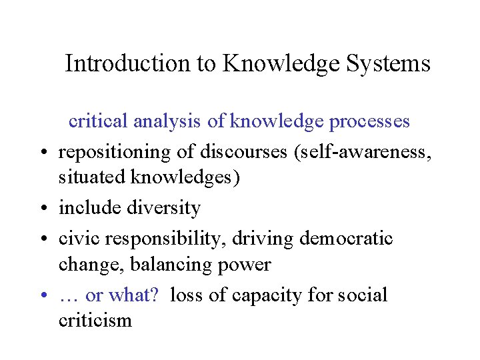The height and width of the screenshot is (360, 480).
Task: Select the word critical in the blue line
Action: [98, 121]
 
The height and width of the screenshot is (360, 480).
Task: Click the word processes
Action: [369, 121]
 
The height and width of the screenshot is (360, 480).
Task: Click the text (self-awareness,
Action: [361, 152]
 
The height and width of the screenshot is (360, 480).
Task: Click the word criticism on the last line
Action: [96, 321]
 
